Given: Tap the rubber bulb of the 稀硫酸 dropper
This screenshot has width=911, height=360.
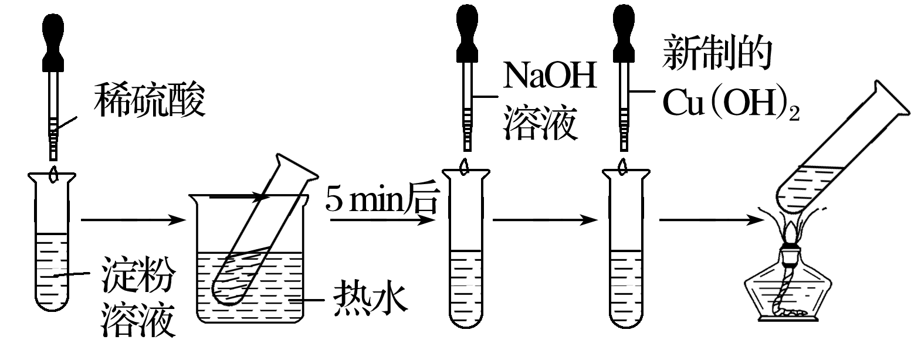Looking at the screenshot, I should click(x=56, y=38).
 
